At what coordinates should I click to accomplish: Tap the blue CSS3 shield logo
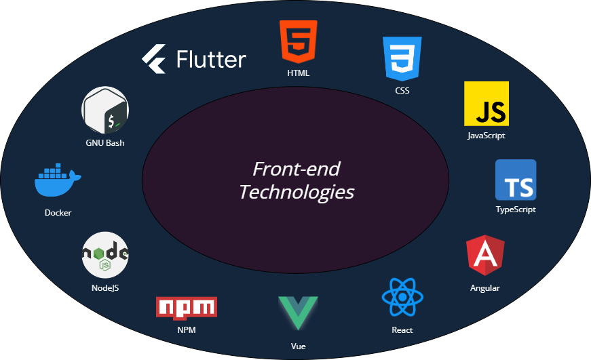point(402,58)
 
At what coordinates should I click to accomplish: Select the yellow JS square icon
point(487,104)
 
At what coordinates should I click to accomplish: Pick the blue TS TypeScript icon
point(516,180)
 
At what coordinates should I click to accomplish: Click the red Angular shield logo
point(486,256)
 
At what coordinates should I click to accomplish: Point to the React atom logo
point(402,298)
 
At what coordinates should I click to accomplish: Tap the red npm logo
point(187,307)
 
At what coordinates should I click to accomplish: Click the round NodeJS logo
point(105,255)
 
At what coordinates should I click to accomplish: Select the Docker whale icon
point(58,180)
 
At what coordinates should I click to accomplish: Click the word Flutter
point(211,59)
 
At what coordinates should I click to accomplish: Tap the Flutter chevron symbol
point(154,59)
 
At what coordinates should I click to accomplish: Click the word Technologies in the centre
point(297,192)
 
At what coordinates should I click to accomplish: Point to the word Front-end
point(296,168)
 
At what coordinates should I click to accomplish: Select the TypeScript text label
point(516,209)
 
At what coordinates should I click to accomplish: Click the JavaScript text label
point(487,136)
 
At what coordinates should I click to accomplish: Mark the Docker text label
point(58,212)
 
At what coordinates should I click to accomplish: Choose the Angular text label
point(485,288)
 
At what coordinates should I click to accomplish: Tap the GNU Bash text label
point(105,143)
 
